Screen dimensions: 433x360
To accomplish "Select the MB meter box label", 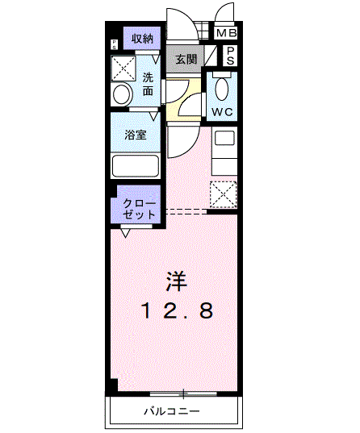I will point(227,33).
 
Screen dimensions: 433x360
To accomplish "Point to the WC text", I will point(222,110).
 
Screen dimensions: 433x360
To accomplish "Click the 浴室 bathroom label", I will point(136,135).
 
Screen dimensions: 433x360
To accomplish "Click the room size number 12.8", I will point(178,310).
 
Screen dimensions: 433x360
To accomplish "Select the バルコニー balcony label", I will point(172,412).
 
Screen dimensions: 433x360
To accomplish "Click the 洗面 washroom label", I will point(149,84).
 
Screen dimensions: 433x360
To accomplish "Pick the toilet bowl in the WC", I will point(223,87).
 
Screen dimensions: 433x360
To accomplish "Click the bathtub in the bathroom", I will point(135,165).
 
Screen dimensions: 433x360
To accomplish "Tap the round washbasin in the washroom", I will point(122,95).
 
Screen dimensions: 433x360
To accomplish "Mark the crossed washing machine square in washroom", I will point(123,66).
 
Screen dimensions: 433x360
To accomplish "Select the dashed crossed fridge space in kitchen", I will point(222,194).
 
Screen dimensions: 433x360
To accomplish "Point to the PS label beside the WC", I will point(230,56).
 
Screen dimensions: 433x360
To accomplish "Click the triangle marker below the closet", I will point(125,234).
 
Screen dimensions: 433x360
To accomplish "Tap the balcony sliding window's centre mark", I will point(185,393).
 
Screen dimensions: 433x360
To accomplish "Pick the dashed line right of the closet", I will point(186,212).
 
